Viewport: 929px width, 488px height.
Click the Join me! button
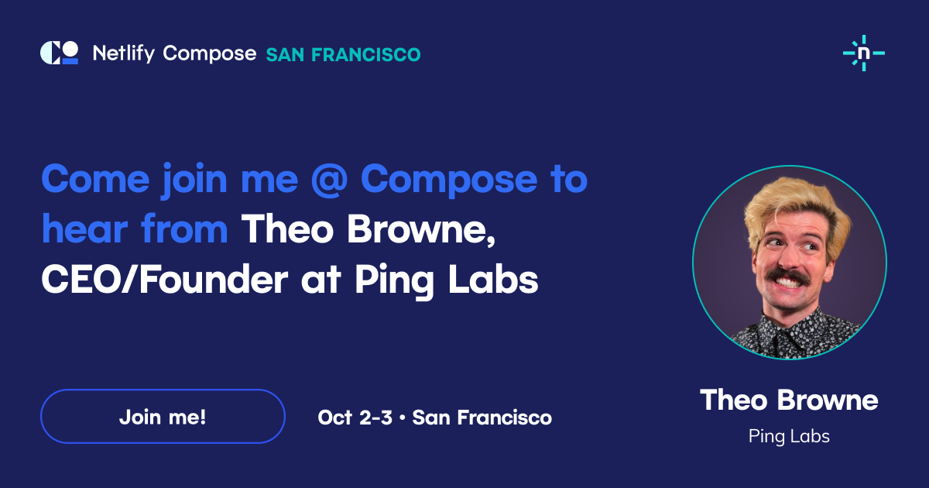(163, 416)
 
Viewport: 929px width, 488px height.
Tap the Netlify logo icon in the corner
(864, 53)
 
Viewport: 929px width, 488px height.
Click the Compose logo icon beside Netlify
(60, 53)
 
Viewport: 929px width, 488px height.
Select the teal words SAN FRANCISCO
(343, 55)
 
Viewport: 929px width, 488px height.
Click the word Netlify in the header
(124, 53)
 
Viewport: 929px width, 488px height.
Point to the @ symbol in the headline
(329, 180)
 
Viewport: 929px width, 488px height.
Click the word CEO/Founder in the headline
(165, 280)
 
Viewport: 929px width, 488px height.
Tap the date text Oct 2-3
(355, 417)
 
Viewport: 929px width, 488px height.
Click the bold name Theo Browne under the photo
(789, 400)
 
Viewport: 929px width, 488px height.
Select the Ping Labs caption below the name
(789, 437)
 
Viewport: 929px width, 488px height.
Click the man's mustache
(787, 277)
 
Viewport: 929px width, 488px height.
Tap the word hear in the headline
(84, 229)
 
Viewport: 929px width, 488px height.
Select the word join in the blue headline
(194, 180)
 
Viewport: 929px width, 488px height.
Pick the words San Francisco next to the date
(482, 417)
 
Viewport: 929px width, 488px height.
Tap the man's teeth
(788, 283)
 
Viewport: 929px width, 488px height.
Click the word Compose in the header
(210, 54)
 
